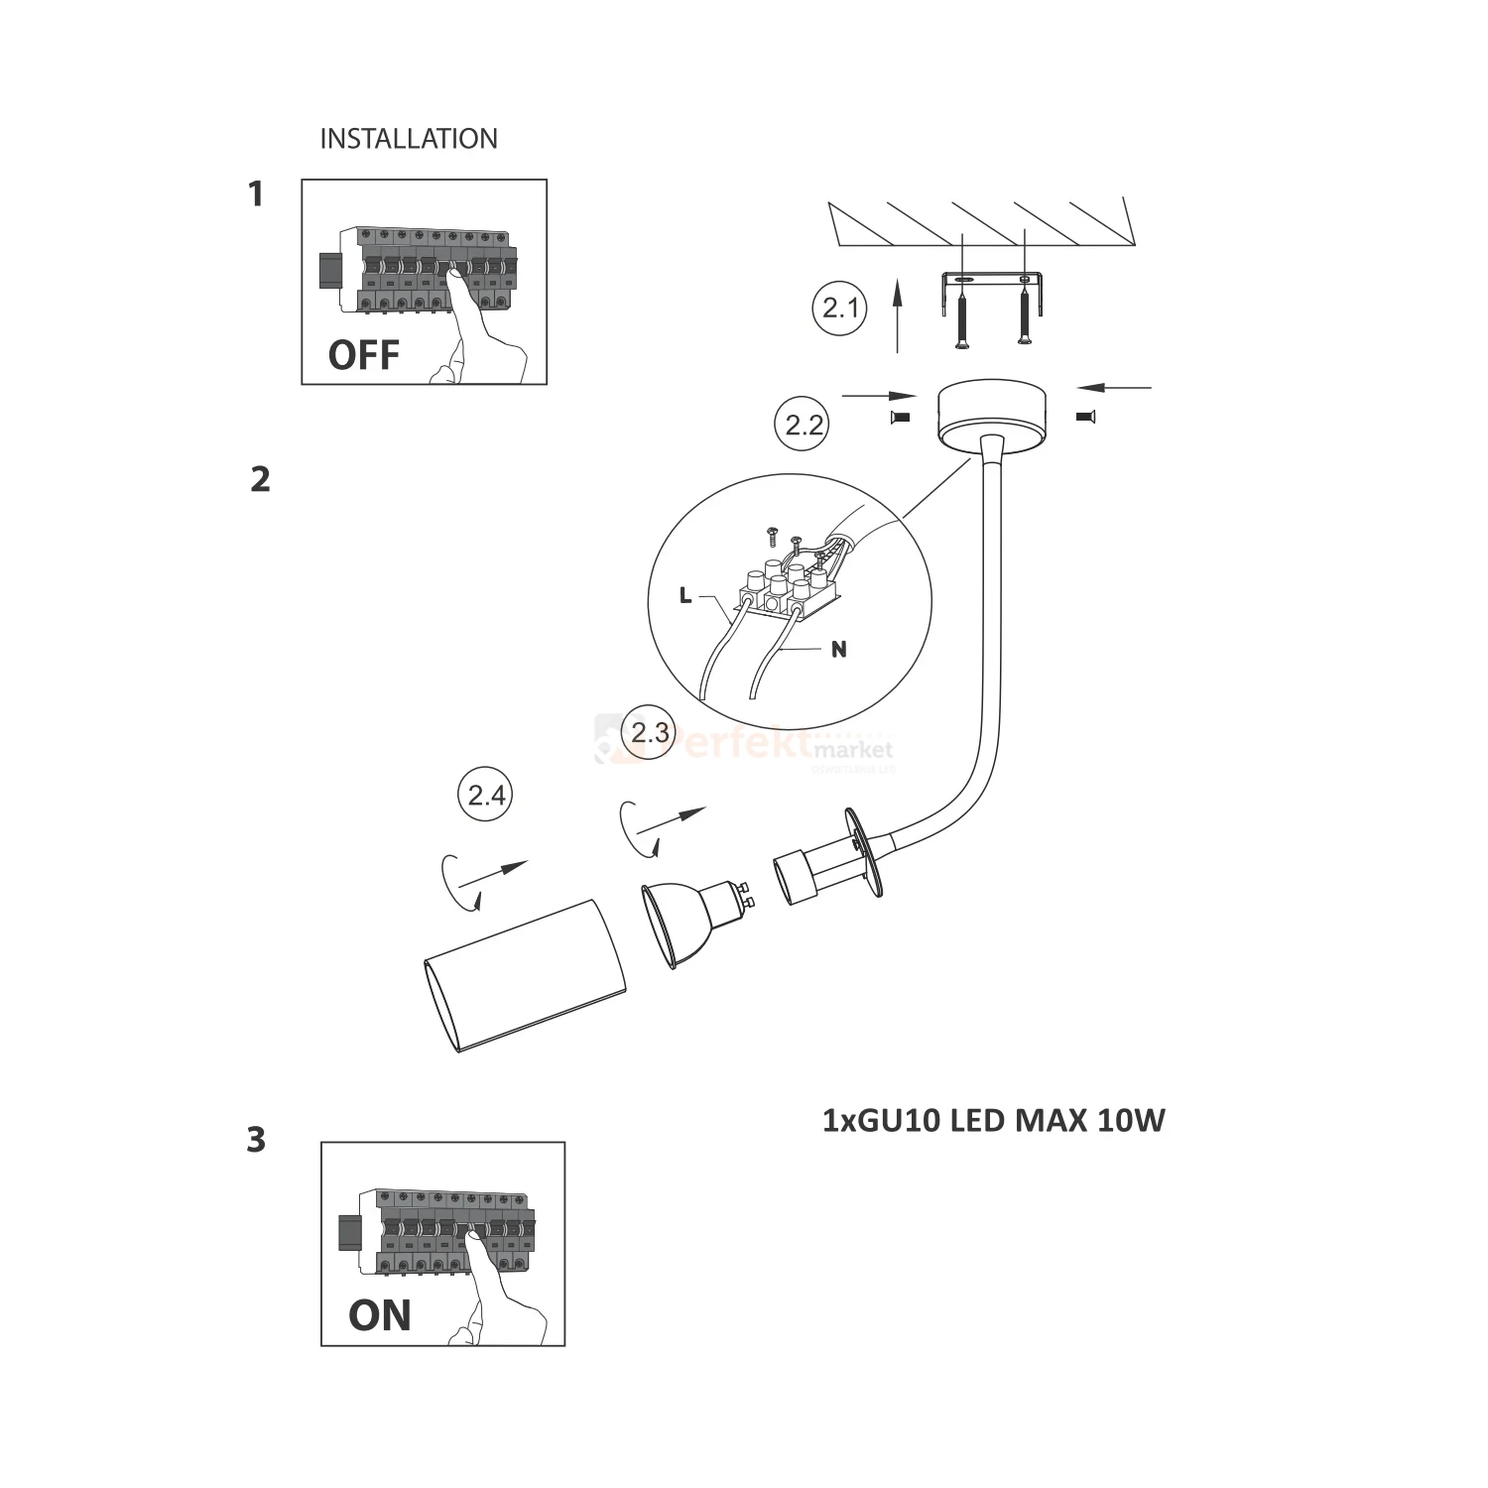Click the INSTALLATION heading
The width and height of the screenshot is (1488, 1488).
pos(409,139)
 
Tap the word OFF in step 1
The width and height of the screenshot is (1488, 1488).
pos(363,355)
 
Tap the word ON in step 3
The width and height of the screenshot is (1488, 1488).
pos(379,1315)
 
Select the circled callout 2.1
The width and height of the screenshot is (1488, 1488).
pos(840,309)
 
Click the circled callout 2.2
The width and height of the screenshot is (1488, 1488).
pos(804,425)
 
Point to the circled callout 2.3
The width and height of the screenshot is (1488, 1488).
pos(650,733)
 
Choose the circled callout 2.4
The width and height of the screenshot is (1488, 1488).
pos(486,796)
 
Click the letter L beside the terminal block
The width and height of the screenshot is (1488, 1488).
pos(684,596)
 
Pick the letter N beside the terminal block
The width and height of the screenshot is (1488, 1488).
pos(839,650)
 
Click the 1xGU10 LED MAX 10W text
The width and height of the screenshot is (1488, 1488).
pos(993,1121)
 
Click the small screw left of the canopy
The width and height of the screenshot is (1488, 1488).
pos(902,418)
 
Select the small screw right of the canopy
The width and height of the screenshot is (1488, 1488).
pos(1084,418)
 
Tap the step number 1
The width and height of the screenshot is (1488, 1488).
pos(256,194)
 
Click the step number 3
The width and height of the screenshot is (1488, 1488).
pos(256,1140)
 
